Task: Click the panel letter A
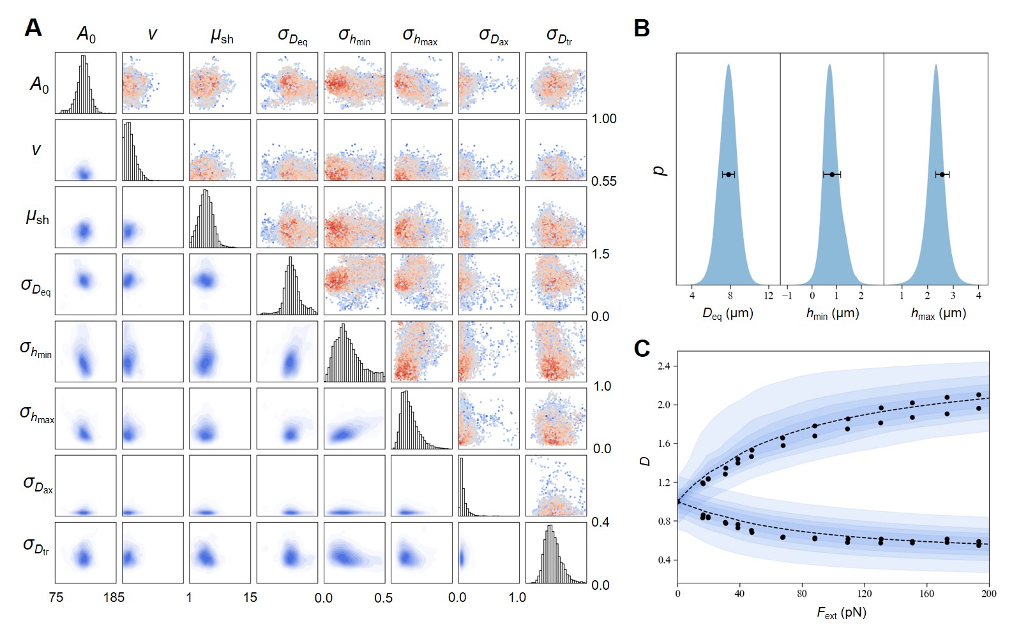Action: coord(33,28)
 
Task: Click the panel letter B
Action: coord(641,28)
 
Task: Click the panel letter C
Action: coord(642,348)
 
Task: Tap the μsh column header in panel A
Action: coord(222,36)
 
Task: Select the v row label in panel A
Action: coord(36,150)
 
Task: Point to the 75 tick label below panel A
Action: coord(56,597)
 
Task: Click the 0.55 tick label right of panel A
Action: coord(604,181)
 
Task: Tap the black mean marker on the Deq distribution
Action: coord(729,174)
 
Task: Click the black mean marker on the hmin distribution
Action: coord(832,174)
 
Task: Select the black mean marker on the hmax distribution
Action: coord(942,174)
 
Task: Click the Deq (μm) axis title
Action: coord(728,313)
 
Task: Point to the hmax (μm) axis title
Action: coord(938,313)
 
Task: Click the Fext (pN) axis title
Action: coord(842,613)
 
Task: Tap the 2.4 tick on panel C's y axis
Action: coord(663,366)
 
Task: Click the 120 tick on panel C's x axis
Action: coord(865,594)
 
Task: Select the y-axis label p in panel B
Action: coord(660,170)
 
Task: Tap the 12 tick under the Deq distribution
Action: coord(769,296)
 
